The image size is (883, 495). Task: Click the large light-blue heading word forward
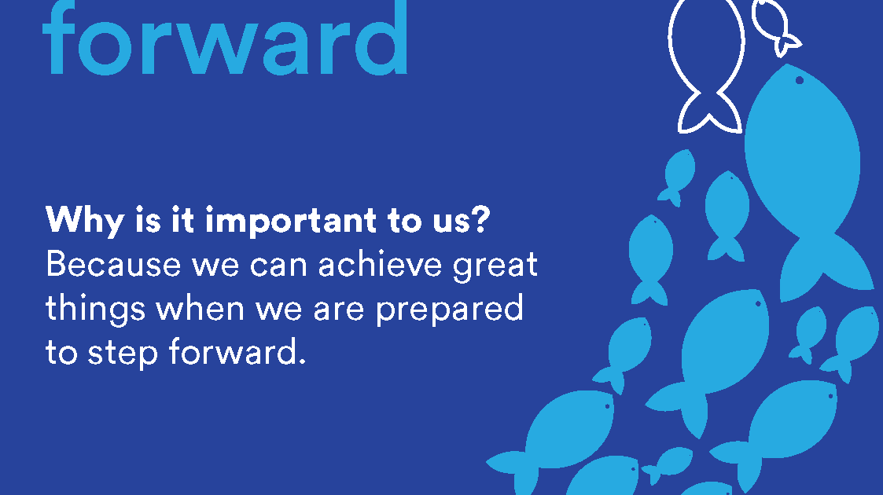tap(225, 37)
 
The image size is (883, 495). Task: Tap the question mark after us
tap(480, 218)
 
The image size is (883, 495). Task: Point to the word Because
tap(113, 264)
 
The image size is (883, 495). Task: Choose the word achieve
tap(380, 264)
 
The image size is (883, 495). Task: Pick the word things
tap(95, 310)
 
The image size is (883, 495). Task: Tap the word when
tap(200, 308)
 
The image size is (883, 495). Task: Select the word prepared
tap(450, 310)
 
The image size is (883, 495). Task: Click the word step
tap(123, 354)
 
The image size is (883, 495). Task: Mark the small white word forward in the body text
tap(237, 351)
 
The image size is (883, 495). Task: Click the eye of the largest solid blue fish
tap(799, 80)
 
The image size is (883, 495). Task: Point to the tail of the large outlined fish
tap(709, 112)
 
